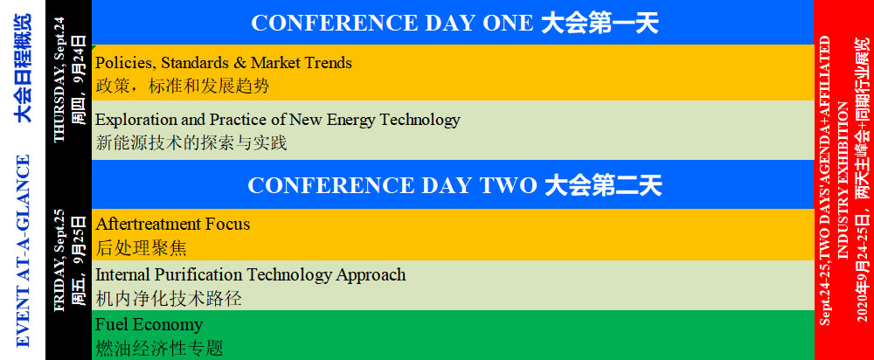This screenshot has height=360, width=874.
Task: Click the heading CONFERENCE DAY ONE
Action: [x=392, y=24]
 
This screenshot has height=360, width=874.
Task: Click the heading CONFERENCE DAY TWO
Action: [x=392, y=185]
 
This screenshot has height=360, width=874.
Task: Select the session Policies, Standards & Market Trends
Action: [x=224, y=62]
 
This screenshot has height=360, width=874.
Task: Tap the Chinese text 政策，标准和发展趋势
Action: [x=183, y=87]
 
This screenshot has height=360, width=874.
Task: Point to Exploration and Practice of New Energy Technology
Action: [x=278, y=120]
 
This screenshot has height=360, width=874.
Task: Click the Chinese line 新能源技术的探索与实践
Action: [x=191, y=143]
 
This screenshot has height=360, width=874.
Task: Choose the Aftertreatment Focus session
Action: [x=173, y=224]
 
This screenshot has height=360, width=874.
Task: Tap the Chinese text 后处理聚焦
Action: [x=141, y=248]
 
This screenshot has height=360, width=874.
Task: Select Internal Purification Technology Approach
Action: [x=250, y=274]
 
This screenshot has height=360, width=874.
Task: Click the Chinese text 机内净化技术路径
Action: [x=169, y=299]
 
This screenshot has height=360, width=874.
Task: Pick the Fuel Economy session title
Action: [x=149, y=325]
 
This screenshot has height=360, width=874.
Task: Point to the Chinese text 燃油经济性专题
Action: [x=159, y=349]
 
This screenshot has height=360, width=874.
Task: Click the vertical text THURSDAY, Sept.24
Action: [x=59, y=80]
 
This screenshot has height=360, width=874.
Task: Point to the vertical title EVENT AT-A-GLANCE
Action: [x=23, y=252]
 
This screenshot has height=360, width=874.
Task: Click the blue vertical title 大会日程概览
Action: [x=23, y=67]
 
